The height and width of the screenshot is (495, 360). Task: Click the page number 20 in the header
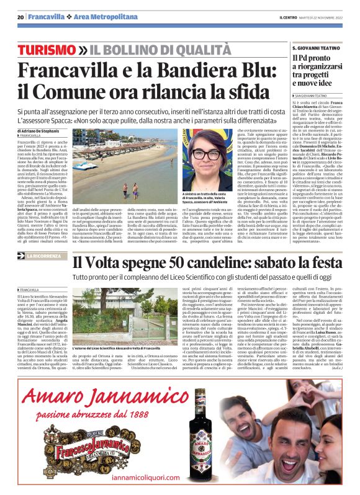tap(20, 16)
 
